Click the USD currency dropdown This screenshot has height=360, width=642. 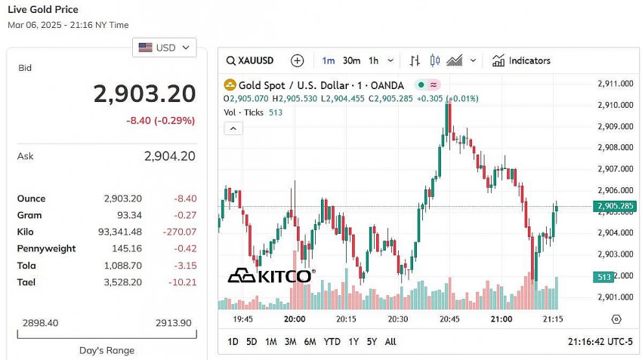tap(165, 48)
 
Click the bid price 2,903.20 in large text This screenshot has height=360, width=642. tap(144, 94)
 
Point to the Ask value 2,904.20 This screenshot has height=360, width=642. tap(170, 156)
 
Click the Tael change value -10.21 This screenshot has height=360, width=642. tap(181, 282)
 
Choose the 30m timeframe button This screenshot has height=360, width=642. tap(351, 60)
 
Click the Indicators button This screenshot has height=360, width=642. tap(521, 60)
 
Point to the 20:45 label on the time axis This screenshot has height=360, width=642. tap(449, 319)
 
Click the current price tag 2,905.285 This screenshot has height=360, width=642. tap(615, 206)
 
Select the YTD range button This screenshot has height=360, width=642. tap(332, 342)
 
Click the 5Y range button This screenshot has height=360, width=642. tap(372, 342)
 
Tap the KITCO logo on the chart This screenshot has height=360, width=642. tap(270, 275)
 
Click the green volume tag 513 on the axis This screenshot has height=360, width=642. tap(604, 277)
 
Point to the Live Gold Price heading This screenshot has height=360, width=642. tap(43, 10)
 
